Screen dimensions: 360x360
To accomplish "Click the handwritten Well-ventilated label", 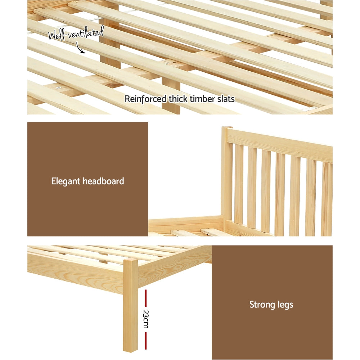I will coord(76,35).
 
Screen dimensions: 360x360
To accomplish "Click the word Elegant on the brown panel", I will coord(66,181).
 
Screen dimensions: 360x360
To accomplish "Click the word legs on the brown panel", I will coord(285,305).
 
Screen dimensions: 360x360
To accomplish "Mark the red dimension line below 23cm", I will coord(145,341).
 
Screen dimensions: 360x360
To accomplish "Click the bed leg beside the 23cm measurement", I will coord(130,306).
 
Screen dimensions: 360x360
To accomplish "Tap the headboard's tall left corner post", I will coord(227,176).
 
